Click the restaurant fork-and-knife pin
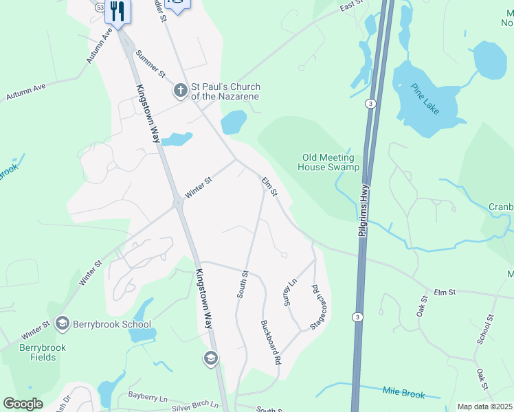tap(118, 12)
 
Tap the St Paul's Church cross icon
tap(180, 90)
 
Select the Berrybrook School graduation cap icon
tap(63, 323)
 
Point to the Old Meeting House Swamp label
tap(329, 162)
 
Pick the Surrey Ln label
tap(291, 292)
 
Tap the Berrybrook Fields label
tap(43, 353)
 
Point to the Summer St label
tap(150, 63)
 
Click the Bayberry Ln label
tap(148, 396)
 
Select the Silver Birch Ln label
tap(195, 407)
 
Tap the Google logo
tap(23, 404)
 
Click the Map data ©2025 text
tap(484, 407)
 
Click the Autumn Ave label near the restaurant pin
tap(99, 46)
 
